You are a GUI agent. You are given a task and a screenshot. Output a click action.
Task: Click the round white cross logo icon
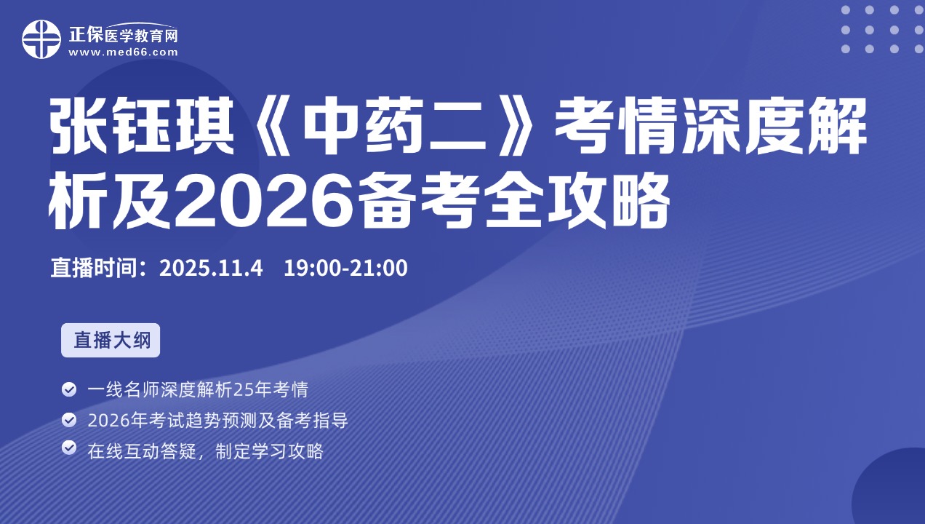(x=41, y=39)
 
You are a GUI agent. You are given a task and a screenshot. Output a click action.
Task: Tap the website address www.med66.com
(x=123, y=52)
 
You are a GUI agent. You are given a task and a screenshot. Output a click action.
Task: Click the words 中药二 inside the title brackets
(x=394, y=126)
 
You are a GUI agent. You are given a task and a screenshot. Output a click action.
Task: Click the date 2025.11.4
(x=211, y=268)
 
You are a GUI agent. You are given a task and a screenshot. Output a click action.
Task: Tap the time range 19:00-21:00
(x=345, y=268)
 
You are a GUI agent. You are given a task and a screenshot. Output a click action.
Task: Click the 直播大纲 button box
(x=111, y=340)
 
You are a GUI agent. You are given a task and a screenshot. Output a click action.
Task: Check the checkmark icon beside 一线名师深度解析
(x=69, y=389)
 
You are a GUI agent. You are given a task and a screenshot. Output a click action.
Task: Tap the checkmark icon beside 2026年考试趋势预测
(x=69, y=420)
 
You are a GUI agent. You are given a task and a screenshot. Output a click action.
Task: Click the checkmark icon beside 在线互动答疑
(x=69, y=448)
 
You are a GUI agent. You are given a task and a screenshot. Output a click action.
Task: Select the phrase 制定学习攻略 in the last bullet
(x=269, y=450)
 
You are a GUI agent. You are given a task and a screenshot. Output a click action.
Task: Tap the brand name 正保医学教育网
(x=123, y=35)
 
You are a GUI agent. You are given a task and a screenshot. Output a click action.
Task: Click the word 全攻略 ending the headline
(x=577, y=200)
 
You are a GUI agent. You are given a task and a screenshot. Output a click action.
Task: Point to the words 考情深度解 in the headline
(x=710, y=126)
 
